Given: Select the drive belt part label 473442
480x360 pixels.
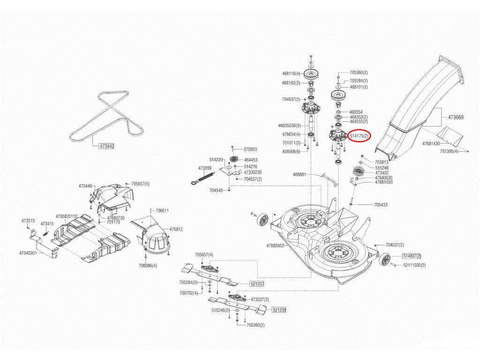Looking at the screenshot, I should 107,146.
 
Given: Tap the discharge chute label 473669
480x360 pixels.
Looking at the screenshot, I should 456,117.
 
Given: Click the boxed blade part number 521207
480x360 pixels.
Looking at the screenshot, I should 256,284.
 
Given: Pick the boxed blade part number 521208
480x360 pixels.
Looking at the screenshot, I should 279,310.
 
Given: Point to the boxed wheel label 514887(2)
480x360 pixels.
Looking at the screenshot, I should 412,256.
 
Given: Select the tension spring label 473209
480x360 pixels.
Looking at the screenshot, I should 205,168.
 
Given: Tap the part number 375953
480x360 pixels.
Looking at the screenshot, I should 250,150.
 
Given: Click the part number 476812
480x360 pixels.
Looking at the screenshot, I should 176,229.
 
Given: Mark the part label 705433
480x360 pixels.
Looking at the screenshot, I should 381,205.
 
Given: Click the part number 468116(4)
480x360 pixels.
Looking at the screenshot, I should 291,74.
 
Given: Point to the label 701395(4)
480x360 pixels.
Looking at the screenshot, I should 450,151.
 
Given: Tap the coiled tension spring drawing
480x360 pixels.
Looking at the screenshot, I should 203,178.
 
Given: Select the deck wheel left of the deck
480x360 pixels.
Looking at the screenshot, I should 262,219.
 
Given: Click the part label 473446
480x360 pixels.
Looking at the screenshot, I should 85,186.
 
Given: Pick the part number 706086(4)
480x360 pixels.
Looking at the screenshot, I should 148,266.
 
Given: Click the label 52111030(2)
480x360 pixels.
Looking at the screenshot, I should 414,265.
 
